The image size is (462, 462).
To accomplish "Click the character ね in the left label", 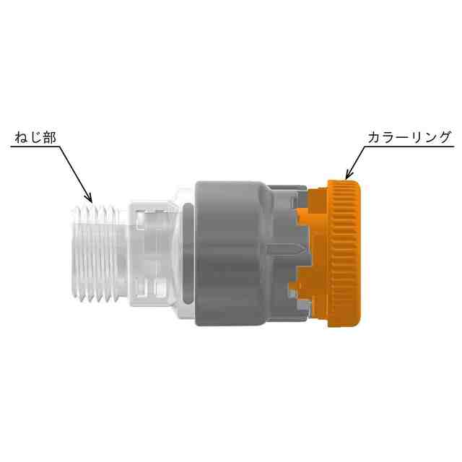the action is (x=22, y=137).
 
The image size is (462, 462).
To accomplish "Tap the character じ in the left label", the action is (x=35, y=137).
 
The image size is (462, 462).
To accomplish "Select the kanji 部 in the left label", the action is (x=49, y=137).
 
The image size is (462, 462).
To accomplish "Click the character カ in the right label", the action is (x=375, y=137).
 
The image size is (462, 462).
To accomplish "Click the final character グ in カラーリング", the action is (x=444, y=137).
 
